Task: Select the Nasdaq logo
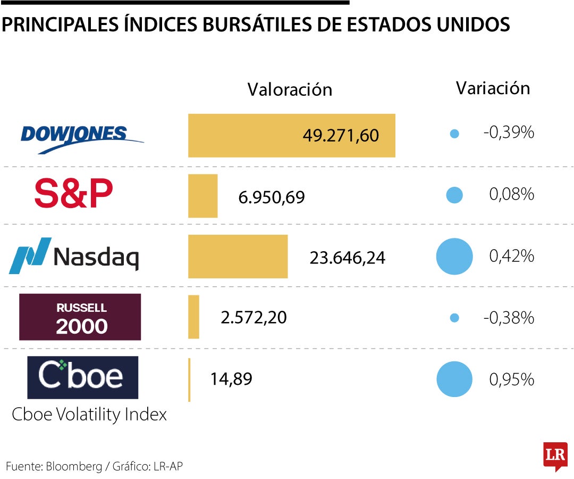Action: point(74,257)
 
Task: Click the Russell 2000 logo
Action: point(80,317)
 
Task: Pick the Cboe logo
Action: point(83,377)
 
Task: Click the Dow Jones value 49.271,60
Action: point(341,136)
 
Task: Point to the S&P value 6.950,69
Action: point(272,197)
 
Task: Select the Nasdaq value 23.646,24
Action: point(347,258)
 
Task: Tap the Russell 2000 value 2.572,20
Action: point(254,318)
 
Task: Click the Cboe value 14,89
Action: point(231,379)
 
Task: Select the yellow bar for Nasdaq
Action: point(238,257)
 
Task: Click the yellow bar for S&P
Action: point(202,196)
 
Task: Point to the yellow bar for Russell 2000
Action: point(193,317)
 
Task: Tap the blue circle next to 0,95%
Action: point(454,379)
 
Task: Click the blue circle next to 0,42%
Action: point(454,257)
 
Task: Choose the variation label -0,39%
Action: point(508,133)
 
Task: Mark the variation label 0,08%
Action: point(511,195)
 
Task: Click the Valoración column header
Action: point(290,89)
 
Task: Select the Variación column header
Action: point(493,88)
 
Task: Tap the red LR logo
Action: point(555,456)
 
